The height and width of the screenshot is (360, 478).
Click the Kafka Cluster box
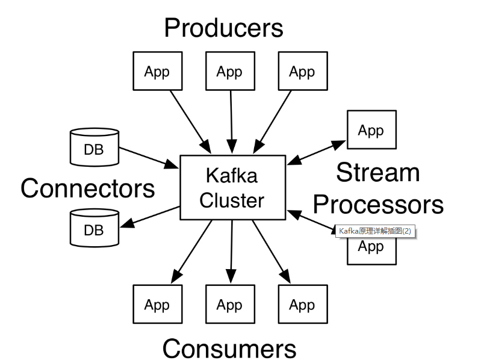[232, 187]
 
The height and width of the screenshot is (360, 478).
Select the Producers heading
[223, 28]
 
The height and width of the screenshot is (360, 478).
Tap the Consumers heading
[229, 348]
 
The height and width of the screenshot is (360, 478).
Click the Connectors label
[88, 188]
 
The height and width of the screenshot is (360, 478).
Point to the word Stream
[377, 173]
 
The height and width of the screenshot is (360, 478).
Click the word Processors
[378, 205]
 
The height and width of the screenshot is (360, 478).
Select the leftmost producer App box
[157, 72]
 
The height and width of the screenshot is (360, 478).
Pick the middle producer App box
[229, 72]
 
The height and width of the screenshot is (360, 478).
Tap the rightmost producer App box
[302, 72]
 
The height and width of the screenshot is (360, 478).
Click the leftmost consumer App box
[157, 305]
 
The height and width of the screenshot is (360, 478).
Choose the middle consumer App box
[229, 305]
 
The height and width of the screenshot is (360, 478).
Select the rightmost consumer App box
[302, 305]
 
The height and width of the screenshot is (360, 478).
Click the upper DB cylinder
[94, 147]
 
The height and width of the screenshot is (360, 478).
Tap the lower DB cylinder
[94, 228]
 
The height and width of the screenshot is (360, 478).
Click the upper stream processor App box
[371, 129]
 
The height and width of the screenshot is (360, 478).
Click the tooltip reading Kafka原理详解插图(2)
[376, 231]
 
